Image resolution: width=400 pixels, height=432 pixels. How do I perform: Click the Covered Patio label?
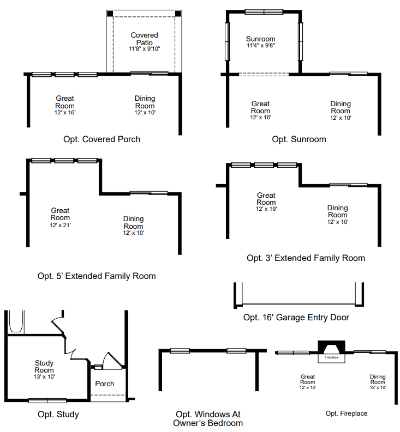pyautogui.click(x=145, y=39)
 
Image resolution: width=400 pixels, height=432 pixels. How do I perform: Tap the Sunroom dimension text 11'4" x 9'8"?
pyautogui.click(x=261, y=45)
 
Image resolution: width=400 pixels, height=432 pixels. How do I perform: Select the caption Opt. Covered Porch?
pyautogui.click(x=102, y=139)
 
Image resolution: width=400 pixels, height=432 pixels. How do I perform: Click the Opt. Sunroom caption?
pyautogui.click(x=299, y=139)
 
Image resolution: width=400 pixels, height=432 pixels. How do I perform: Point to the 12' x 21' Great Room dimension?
pyautogui.click(x=60, y=225)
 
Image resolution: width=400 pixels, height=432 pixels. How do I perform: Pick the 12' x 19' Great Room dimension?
pyautogui.click(x=266, y=209)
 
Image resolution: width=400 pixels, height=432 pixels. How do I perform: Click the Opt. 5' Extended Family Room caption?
pyautogui.click(x=97, y=276)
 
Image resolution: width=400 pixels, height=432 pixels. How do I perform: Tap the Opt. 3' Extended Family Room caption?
pyautogui.click(x=306, y=258)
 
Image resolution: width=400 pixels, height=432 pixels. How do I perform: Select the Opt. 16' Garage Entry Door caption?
pyautogui.click(x=296, y=318)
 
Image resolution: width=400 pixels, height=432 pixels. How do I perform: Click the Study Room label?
pyautogui.click(x=44, y=367)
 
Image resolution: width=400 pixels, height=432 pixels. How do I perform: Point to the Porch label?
pyautogui.click(x=105, y=384)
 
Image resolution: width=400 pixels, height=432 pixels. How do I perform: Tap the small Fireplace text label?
pyautogui.click(x=332, y=357)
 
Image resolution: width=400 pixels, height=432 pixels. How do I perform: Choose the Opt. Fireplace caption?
pyautogui.click(x=347, y=413)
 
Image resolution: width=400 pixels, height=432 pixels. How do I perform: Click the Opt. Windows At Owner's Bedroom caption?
pyautogui.click(x=208, y=418)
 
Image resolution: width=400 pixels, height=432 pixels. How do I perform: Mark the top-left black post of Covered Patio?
pyautogui.click(x=110, y=14)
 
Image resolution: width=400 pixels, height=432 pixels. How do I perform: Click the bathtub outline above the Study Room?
pyautogui.click(x=16, y=321)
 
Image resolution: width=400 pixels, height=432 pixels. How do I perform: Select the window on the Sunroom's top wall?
pyautogui.click(x=264, y=12)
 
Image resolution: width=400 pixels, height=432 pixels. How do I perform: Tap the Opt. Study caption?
pyautogui.click(x=58, y=414)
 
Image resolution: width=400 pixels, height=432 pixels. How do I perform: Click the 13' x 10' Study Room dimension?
pyautogui.click(x=44, y=376)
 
